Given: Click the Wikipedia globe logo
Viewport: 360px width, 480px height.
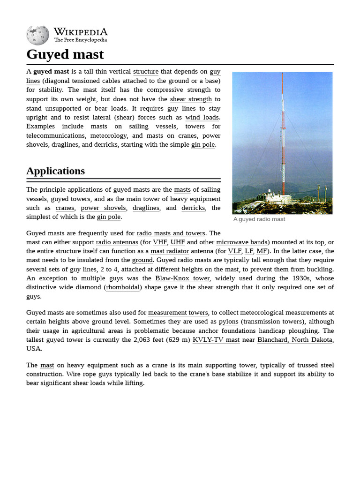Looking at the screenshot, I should tap(37, 35).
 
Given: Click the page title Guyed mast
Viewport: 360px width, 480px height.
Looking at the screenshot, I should tap(65, 54).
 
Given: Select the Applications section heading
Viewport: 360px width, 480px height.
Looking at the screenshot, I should tap(55, 171).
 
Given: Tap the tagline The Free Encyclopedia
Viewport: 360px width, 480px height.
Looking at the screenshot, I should tap(80, 40).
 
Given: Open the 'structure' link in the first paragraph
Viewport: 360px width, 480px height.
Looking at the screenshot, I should tap(146, 72).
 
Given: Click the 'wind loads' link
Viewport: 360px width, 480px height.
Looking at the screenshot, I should tap(202, 118).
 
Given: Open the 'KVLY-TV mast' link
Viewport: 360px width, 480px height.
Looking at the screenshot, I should tap(216, 340).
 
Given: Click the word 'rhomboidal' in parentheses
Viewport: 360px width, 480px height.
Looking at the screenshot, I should tap(123, 287).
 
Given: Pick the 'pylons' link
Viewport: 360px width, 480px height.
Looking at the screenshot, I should tap(228, 322).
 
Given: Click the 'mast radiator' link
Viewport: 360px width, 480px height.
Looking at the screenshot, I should tap(169, 251).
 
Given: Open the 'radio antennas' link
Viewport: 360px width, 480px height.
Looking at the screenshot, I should tap(117, 242).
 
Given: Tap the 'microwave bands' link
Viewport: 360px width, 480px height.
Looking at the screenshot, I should tap(241, 242).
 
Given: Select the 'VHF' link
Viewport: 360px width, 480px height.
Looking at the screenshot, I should tap(160, 242).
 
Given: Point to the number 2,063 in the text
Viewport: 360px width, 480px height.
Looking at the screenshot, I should tap(144, 340).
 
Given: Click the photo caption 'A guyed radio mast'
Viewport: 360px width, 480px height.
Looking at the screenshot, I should tap(259, 219).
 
